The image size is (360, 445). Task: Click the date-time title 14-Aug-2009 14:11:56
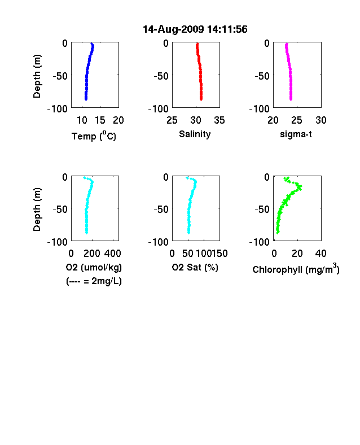pyautogui.click(x=195, y=29)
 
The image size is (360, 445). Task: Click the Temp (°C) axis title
pyautogui.click(x=94, y=136)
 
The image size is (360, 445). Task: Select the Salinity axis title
pyautogui.click(x=195, y=134)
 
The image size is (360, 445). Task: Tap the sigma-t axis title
pyautogui.click(x=296, y=134)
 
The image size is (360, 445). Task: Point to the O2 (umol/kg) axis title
pyautogui.click(x=94, y=267)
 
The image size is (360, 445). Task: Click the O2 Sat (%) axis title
pyautogui.click(x=195, y=267)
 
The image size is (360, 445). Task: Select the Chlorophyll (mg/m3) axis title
pyautogui.click(x=296, y=268)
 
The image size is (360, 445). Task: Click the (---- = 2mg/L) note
pyautogui.click(x=94, y=281)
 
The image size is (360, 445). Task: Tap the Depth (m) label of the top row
pyautogui.click(x=37, y=76)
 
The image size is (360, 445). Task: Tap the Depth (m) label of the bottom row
pyautogui.click(x=37, y=210)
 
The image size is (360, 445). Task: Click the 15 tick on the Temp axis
pyautogui.click(x=100, y=120)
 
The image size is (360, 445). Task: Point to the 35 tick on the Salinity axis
pyautogui.click(x=219, y=120)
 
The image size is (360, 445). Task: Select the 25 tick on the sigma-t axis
pyautogui.click(x=296, y=120)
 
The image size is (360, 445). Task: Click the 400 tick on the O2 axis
pyautogui.click(x=113, y=254)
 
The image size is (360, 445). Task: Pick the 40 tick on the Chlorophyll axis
pyautogui.click(x=321, y=254)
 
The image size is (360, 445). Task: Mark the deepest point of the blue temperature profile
pyautogui.click(x=86, y=99)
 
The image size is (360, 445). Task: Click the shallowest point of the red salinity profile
pyautogui.click(x=197, y=44)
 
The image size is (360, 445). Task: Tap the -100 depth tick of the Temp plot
pyautogui.click(x=58, y=108)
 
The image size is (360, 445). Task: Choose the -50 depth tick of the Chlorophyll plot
pyautogui.click(x=262, y=209)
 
